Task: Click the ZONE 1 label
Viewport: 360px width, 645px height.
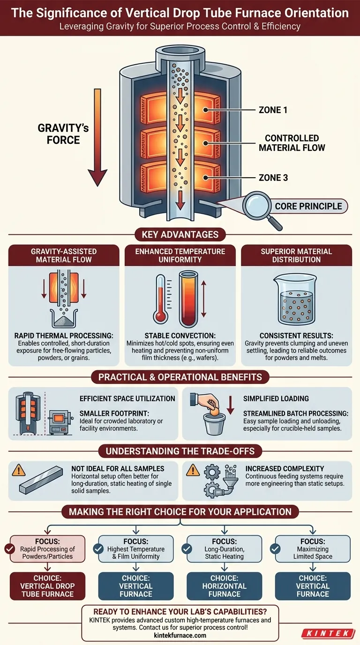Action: coord(279,110)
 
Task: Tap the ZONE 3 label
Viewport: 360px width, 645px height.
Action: coord(279,178)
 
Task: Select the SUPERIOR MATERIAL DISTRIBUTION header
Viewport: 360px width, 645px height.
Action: coord(296,255)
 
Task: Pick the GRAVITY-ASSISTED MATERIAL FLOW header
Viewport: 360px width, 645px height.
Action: coord(64,255)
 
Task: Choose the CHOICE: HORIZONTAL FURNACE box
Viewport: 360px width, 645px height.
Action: coord(225,586)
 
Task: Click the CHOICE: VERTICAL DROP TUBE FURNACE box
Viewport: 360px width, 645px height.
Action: coord(48,586)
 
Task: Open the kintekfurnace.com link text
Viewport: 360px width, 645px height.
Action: coord(180,635)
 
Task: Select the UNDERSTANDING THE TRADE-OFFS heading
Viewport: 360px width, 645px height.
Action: coord(180,451)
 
